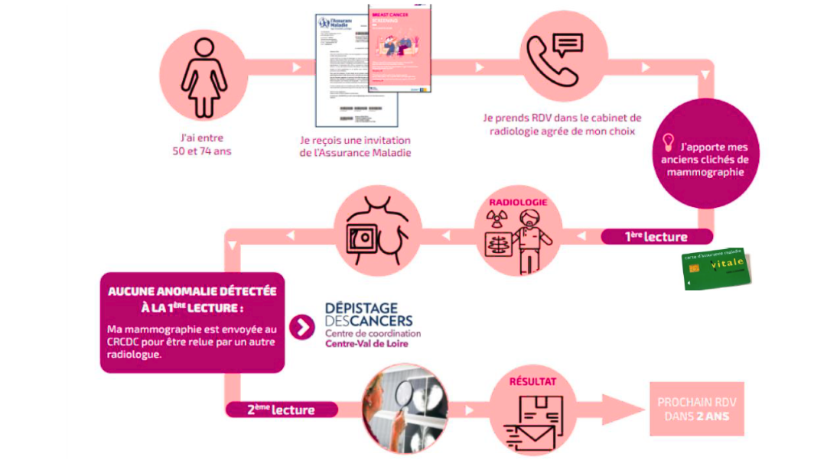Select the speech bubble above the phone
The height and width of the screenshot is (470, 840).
[566, 45]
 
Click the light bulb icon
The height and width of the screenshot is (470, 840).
[668, 141]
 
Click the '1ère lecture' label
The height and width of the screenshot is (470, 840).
[656, 236]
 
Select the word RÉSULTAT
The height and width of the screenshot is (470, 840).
[533, 381]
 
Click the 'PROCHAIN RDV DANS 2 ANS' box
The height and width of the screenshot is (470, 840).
[696, 409]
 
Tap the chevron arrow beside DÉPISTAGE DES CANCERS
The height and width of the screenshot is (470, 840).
[304, 327]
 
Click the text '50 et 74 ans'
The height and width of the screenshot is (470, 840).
[201, 151]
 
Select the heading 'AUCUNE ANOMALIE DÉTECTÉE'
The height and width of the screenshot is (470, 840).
[192, 291]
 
